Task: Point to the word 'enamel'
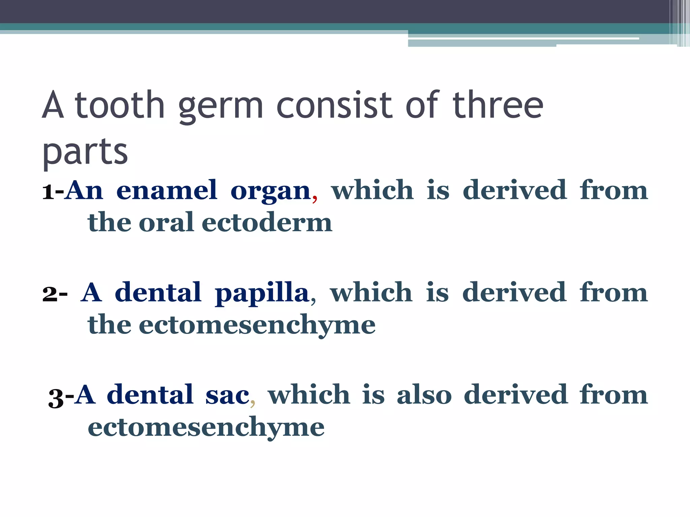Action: coord(167,191)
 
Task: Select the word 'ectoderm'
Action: coord(267,222)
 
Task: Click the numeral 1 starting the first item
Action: coord(48,192)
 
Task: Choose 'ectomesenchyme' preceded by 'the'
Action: coord(257,325)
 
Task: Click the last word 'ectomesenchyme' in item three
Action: coord(206,427)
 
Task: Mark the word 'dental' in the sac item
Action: coord(150,394)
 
